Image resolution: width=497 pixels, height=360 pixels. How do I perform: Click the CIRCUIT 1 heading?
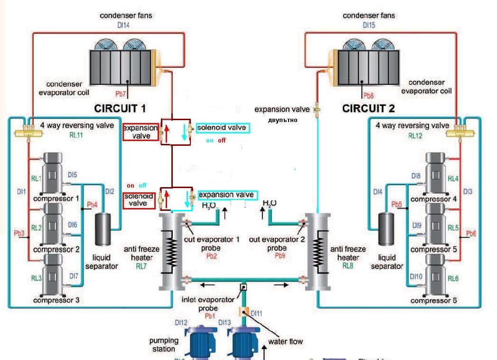[x=120, y=108]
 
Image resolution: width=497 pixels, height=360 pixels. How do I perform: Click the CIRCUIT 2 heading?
[x=368, y=109]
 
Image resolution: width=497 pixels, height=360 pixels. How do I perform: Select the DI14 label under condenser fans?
[x=123, y=25]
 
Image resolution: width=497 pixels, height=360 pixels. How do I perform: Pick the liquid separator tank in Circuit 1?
[x=102, y=229]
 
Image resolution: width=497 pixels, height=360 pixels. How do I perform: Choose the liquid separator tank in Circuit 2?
[x=386, y=229]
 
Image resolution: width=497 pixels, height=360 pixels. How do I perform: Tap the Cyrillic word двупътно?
[x=282, y=120]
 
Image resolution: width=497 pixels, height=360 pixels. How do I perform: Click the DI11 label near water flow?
[x=256, y=313]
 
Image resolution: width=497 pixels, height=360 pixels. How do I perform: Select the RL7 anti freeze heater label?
[x=141, y=266]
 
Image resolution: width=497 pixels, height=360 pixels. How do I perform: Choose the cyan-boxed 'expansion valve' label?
[x=228, y=195]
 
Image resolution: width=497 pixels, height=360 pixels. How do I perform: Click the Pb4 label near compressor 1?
[x=92, y=205]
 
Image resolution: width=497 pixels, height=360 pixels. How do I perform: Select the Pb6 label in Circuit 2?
[x=471, y=233]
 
